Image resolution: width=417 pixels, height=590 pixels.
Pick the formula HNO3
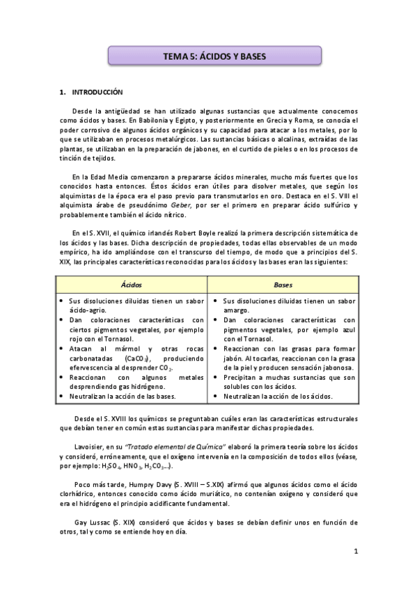pos(129,465)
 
